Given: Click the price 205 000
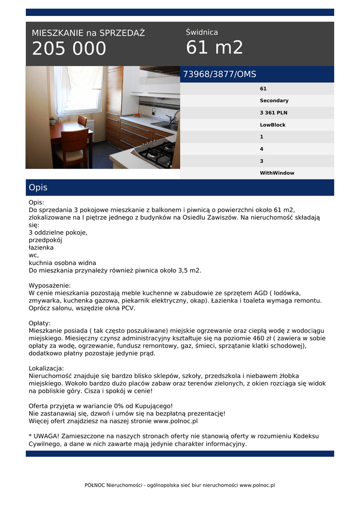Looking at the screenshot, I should click(x=69, y=49).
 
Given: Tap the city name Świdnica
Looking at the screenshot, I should click(x=202, y=32).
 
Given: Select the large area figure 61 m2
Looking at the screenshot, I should click(x=215, y=48).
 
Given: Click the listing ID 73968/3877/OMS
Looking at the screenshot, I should click(x=219, y=74).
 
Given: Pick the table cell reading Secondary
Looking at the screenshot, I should click(x=274, y=101).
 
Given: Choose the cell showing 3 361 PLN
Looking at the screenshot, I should click(x=274, y=113).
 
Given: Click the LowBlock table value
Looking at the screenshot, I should click(x=273, y=125).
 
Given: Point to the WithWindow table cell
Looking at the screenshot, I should click(x=277, y=173).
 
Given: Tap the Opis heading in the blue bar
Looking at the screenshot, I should click(x=38, y=188).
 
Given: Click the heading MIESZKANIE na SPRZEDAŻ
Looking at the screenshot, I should click(x=88, y=33).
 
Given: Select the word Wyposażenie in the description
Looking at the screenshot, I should click(x=49, y=286).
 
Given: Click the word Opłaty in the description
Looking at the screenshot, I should click(x=39, y=323).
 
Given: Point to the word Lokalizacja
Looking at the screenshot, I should click(x=46, y=369).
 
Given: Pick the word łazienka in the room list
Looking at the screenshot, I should click(x=41, y=248).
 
